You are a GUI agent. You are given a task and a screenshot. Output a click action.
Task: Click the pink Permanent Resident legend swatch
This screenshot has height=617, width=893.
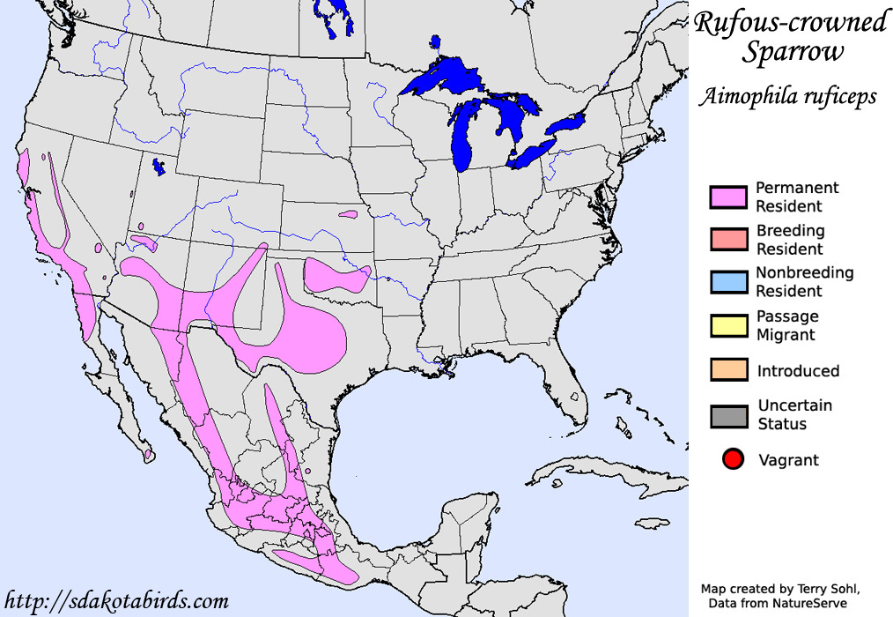tap(727, 197)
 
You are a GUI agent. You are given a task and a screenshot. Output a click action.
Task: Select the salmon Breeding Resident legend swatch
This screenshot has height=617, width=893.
tap(727, 240)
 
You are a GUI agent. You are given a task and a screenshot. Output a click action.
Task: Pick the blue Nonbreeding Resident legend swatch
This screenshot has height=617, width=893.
tap(727, 282)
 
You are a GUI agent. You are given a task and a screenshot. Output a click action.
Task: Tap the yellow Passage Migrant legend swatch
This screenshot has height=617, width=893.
tap(727, 325)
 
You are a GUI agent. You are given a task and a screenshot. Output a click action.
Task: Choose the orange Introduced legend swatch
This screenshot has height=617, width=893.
tap(727, 371)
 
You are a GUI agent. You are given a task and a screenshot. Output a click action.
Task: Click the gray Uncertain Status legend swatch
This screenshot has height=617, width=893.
tap(727, 415)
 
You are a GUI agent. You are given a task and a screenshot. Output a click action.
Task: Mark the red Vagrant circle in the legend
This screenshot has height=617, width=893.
tap(732, 459)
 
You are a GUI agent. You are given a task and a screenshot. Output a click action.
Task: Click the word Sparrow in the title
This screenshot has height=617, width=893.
tap(792, 53)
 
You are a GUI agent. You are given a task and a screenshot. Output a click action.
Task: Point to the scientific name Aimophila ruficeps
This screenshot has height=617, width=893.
tap(787, 96)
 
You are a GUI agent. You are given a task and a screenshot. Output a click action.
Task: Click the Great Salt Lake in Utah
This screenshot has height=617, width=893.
tap(159, 167)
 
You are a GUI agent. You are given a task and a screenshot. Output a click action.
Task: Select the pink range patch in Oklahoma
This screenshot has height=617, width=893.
tap(335, 277)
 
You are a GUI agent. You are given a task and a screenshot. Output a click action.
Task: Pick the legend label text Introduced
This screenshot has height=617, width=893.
tap(798, 371)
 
